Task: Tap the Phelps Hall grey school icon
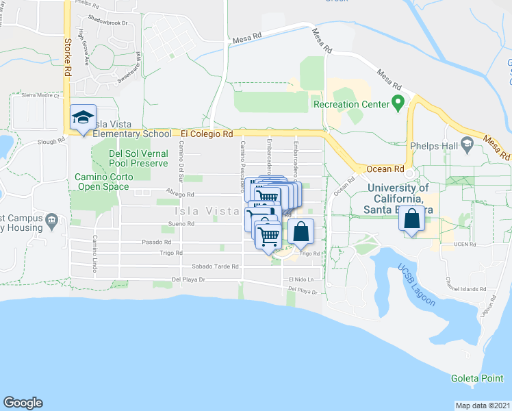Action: click(x=468, y=145)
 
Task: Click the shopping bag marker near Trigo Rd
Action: click(x=301, y=232)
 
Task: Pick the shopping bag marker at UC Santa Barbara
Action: click(x=412, y=219)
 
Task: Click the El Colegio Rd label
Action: click(x=207, y=134)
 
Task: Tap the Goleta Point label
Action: click(x=477, y=378)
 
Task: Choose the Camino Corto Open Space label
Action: click(x=102, y=182)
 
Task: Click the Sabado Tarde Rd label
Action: click(x=215, y=267)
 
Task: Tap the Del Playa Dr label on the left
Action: click(x=188, y=279)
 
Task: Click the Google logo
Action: click(x=23, y=403)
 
